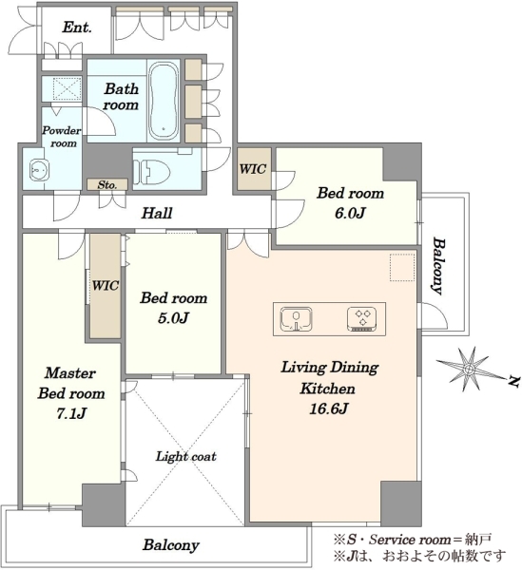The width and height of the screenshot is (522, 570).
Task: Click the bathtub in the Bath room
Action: click(x=164, y=101)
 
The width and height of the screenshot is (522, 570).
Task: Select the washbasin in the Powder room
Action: click(x=38, y=169)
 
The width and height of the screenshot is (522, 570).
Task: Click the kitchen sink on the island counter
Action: click(x=296, y=319)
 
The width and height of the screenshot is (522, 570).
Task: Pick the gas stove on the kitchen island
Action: click(x=361, y=319)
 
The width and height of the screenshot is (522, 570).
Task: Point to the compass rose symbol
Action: click(x=469, y=369)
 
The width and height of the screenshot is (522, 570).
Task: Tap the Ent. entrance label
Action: click(x=77, y=28)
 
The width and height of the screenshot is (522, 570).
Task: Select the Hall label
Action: click(x=157, y=213)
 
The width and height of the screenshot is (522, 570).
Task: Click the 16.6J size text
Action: click(x=328, y=408)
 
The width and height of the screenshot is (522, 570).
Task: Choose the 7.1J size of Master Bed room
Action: click(x=71, y=413)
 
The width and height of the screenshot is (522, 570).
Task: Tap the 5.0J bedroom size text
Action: click(x=173, y=318)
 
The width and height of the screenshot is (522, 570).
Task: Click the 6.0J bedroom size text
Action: click(x=350, y=213)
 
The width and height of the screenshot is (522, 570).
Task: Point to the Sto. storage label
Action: click(x=107, y=184)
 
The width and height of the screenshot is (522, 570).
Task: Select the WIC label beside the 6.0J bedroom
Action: click(x=253, y=169)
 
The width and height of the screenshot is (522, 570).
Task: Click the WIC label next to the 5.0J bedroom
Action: click(x=106, y=285)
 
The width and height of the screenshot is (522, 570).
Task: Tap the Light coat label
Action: click(x=185, y=456)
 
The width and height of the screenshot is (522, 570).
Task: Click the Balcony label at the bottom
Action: click(x=171, y=544)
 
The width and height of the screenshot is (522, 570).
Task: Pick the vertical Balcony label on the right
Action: click(x=438, y=266)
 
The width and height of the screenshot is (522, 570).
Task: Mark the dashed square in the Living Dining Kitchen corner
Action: click(x=402, y=268)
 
